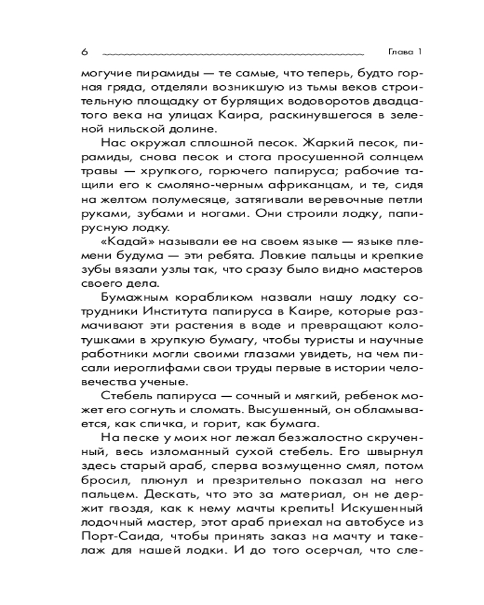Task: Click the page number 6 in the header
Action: point(84,52)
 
